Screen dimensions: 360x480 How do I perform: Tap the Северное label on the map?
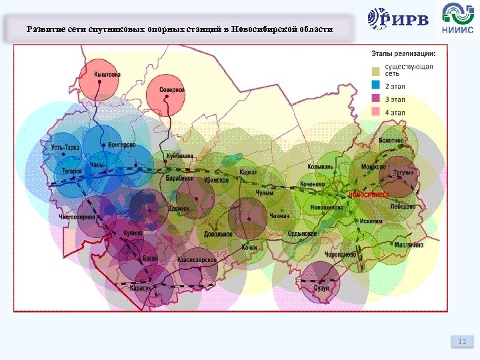(x=172, y=89)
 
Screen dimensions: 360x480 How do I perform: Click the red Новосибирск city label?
(x=369, y=194)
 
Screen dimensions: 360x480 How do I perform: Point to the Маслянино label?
(x=409, y=245)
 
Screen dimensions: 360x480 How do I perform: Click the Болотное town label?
(x=391, y=141)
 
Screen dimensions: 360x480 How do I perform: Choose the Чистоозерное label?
(x=77, y=217)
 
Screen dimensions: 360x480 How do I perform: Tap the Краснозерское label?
(x=198, y=260)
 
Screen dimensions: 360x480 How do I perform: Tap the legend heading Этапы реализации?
(x=404, y=53)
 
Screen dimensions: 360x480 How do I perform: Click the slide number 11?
(x=462, y=342)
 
